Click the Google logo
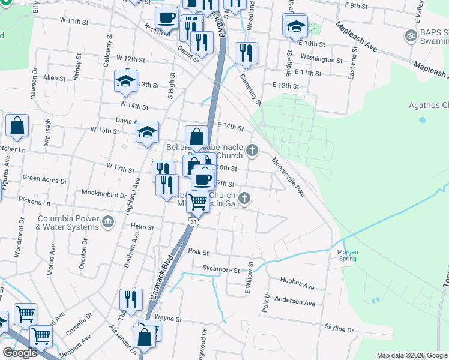pyautogui.click(x=20, y=353)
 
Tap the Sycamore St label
pyautogui.click(x=220, y=270)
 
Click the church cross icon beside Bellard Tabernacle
pyautogui.click(x=253, y=150)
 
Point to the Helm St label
pyautogui.click(x=142, y=227)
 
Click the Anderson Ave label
pyautogui.click(x=294, y=302)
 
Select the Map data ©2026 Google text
pyautogui.click(x=411, y=355)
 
